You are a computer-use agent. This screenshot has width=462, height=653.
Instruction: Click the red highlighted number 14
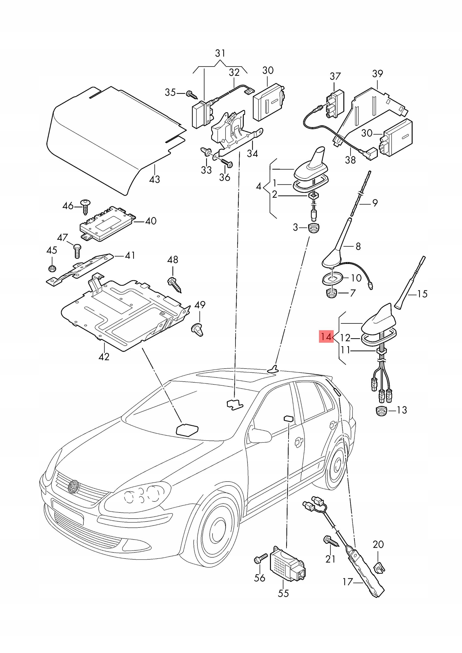[326, 337]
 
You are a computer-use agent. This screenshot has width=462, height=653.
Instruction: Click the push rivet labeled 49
[198, 329]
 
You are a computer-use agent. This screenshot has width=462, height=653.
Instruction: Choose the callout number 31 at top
[220, 53]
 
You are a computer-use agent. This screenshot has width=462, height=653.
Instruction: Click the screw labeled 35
[192, 94]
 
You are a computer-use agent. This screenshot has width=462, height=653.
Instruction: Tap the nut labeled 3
[314, 228]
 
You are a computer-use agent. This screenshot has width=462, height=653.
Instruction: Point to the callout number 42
[104, 356]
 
